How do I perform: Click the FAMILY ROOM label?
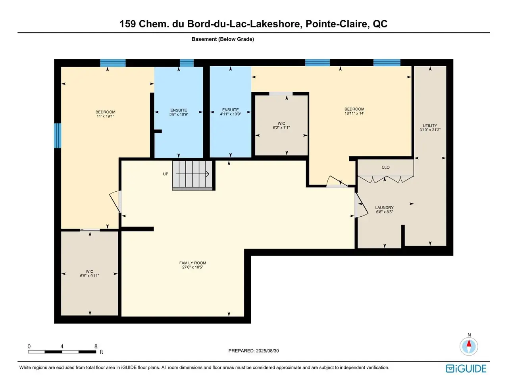(192, 263)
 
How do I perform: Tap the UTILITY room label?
(430, 126)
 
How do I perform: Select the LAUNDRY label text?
(384, 208)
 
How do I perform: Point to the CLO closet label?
(386, 167)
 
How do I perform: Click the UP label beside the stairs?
(165, 174)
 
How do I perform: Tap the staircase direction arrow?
(192, 174)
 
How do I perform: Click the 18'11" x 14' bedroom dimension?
(354, 114)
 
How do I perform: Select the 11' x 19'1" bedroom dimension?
(105, 116)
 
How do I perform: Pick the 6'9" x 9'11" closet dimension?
(89, 275)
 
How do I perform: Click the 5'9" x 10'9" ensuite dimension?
(179, 114)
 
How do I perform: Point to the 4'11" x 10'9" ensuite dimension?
(230, 114)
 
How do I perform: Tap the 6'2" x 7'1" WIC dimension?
(281, 127)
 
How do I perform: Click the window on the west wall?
(58, 135)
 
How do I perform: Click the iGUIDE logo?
(466, 369)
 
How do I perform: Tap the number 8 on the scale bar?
(96, 346)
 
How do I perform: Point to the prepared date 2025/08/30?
(267, 351)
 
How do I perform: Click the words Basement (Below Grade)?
(223, 39)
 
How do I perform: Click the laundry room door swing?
(362, 205)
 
